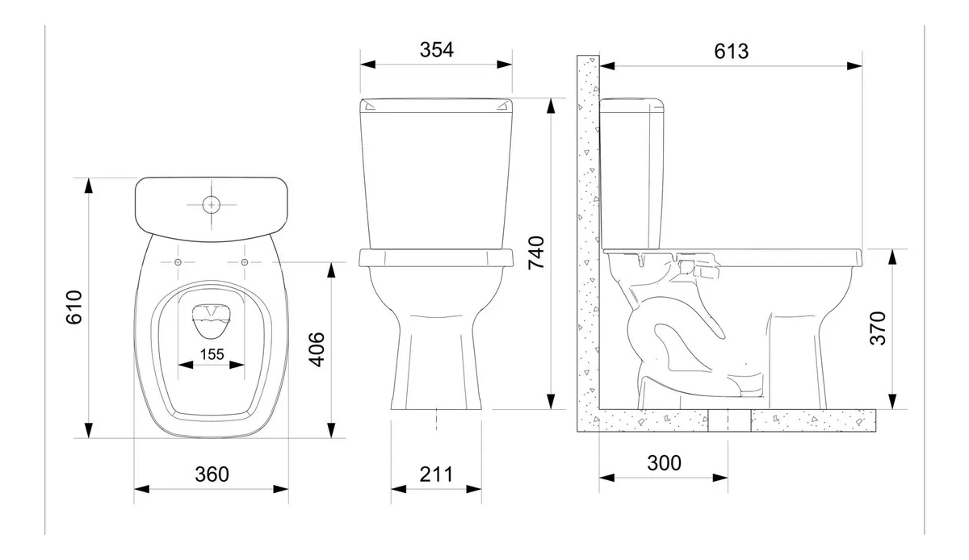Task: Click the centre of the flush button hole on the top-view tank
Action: (211, 205)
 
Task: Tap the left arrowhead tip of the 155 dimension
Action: (178, 365)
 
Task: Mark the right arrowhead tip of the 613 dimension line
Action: (862, 66)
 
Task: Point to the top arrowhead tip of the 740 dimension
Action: (551, 98)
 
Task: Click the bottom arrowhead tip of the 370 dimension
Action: (892, 408)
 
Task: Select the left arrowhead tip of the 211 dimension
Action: (391, 489)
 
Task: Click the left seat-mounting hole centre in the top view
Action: (178, 262)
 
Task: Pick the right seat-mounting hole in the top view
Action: (245, 262)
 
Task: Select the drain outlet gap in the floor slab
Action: (729, 420)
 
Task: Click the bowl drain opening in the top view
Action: (212, 321)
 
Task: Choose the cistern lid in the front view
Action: (436, 106)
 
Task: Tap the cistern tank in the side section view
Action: (631, 173)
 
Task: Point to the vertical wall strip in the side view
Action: (588, 243)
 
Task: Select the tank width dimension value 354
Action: (437, 50)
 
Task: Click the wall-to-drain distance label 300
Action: (664, 463)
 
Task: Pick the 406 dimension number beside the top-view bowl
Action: (317, 349)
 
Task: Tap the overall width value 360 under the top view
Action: (212, 474)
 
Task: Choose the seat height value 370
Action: (878, 328)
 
